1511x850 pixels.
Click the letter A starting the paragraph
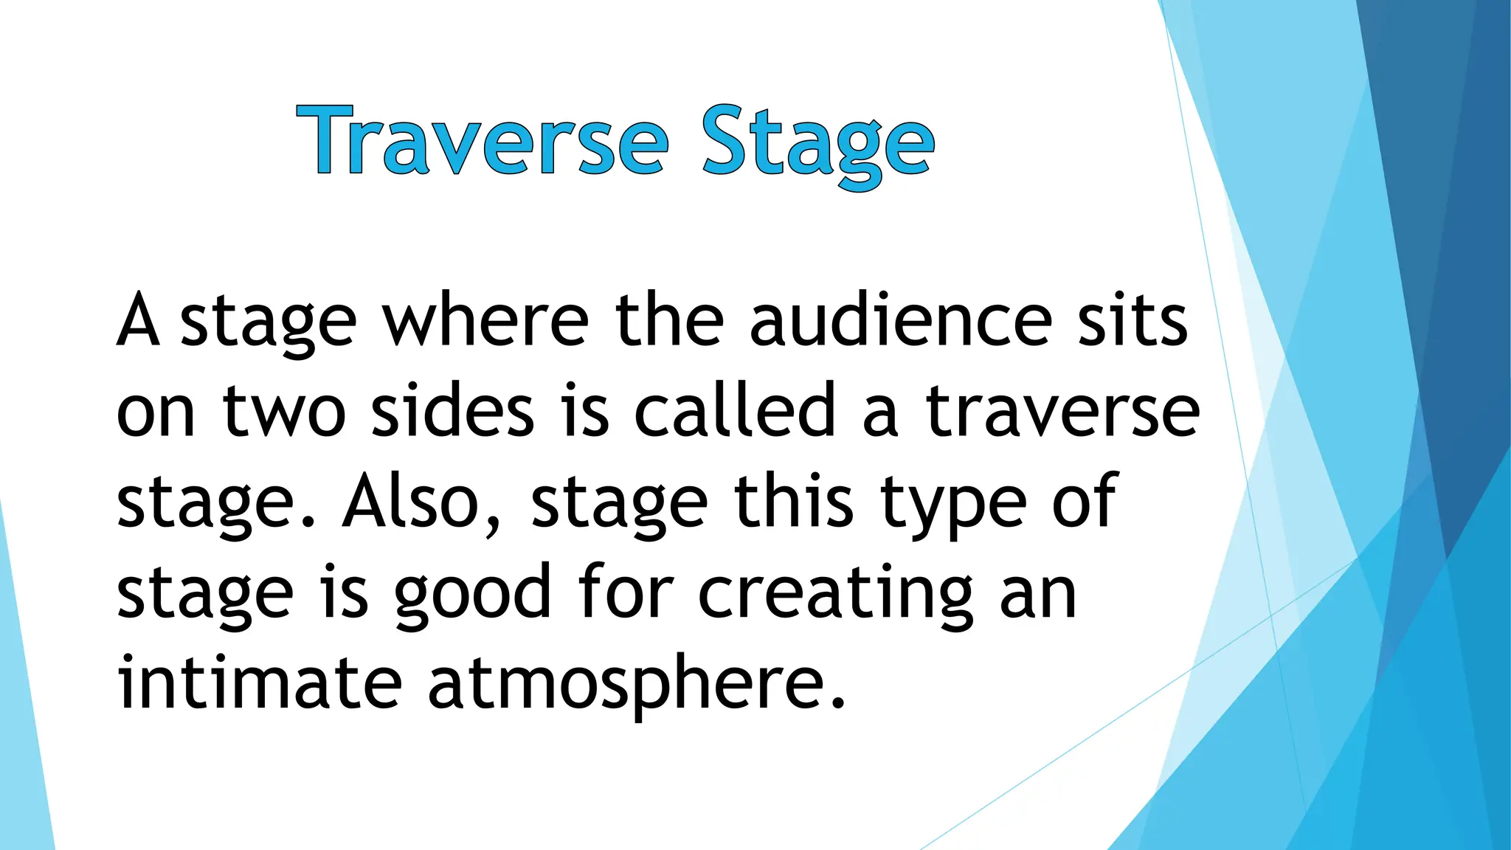[138, 321]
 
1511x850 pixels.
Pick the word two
[284, 412]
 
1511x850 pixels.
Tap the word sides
[452, 412]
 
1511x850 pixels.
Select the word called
[734, 412]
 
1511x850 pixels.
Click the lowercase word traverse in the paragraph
[1062, 412]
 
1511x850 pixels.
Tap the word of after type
[1085, 502]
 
